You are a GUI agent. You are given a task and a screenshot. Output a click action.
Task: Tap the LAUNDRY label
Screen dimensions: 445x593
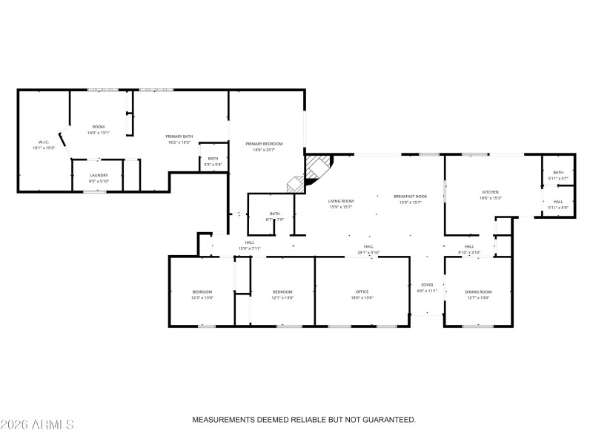pyautogui.click(x=99, y=175)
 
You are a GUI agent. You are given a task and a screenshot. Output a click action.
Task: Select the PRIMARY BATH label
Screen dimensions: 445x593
pyautogui.click(x=179, y=136)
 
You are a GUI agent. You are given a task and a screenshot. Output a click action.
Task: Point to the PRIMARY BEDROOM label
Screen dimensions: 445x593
pyautogui.click(x=265, y=143)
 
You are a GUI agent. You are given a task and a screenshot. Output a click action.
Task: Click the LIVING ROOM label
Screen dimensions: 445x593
pyautogui.click(x=341, y=201)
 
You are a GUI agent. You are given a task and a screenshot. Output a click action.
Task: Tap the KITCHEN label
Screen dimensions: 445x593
pyautogui.click(x=491, y=192)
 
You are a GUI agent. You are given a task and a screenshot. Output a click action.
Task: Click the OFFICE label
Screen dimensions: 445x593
pyautogui.click(x=362, y=291)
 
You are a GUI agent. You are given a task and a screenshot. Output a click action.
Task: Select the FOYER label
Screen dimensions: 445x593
pyautogui.click(x=427, y=285)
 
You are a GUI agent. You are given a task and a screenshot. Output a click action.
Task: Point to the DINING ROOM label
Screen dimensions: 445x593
pyautogui.click(x=478, y=291)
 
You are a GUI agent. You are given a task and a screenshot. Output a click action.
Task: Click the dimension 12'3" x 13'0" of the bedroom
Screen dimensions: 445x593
pyautogui.click(x=202, y=297)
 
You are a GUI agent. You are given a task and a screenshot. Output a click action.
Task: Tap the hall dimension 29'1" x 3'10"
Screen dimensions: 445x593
pyautogui.click(x=368, y=252)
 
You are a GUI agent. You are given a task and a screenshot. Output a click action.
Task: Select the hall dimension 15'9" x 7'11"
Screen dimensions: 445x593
pyautogui.click(x=251, y=248)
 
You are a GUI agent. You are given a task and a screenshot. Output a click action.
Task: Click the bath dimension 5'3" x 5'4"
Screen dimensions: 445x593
pyautogui.click(x=213, y=165)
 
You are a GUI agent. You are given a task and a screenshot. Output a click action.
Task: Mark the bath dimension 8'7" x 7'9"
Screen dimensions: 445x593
pyautogui.click(x=274, y=220)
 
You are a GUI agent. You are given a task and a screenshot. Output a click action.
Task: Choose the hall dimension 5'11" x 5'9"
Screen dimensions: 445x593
pyautogui.click(x=557, y=207)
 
